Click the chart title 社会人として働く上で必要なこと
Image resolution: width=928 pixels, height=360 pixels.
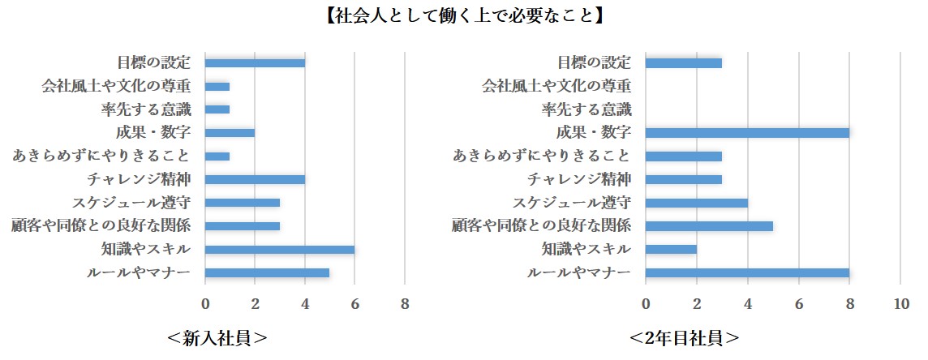[x=464, y=15]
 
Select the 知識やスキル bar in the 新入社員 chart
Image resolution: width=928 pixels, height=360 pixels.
[x=280, y=250]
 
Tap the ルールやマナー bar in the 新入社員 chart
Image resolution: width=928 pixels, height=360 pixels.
[x=267, y=272]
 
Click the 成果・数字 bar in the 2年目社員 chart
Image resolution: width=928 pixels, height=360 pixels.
[x=747, y=133]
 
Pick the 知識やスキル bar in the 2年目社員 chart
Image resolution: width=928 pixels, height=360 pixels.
[x=671, y=250]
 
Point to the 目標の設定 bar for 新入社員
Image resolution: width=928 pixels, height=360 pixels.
[x=255, y=63]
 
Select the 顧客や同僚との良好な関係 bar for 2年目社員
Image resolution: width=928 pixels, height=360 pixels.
[x=709, y=226]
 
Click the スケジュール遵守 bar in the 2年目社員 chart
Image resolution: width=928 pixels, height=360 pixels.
[x=697, y=203]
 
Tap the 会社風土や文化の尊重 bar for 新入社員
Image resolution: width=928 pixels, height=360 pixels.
[x=217, y=86]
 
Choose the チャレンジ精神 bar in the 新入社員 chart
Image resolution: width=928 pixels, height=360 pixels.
[x=255, y=179]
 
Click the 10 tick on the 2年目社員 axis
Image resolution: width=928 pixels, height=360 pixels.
[x=900, y=305]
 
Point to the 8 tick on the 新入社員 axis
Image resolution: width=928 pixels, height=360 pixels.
[x=405, y=305]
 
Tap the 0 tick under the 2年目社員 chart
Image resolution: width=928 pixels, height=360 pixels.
[x=646, y=305]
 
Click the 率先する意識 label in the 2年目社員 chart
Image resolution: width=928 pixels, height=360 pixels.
[x=586, y=109]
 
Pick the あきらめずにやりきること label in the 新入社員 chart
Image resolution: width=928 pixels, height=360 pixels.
[x=101, y=156]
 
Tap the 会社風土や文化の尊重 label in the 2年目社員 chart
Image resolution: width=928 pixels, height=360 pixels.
[x=556, y=86]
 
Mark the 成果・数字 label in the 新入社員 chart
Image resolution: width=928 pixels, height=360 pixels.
[x=153, y=133]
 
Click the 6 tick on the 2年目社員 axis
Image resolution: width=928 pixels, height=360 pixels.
[x=799, y=305]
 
